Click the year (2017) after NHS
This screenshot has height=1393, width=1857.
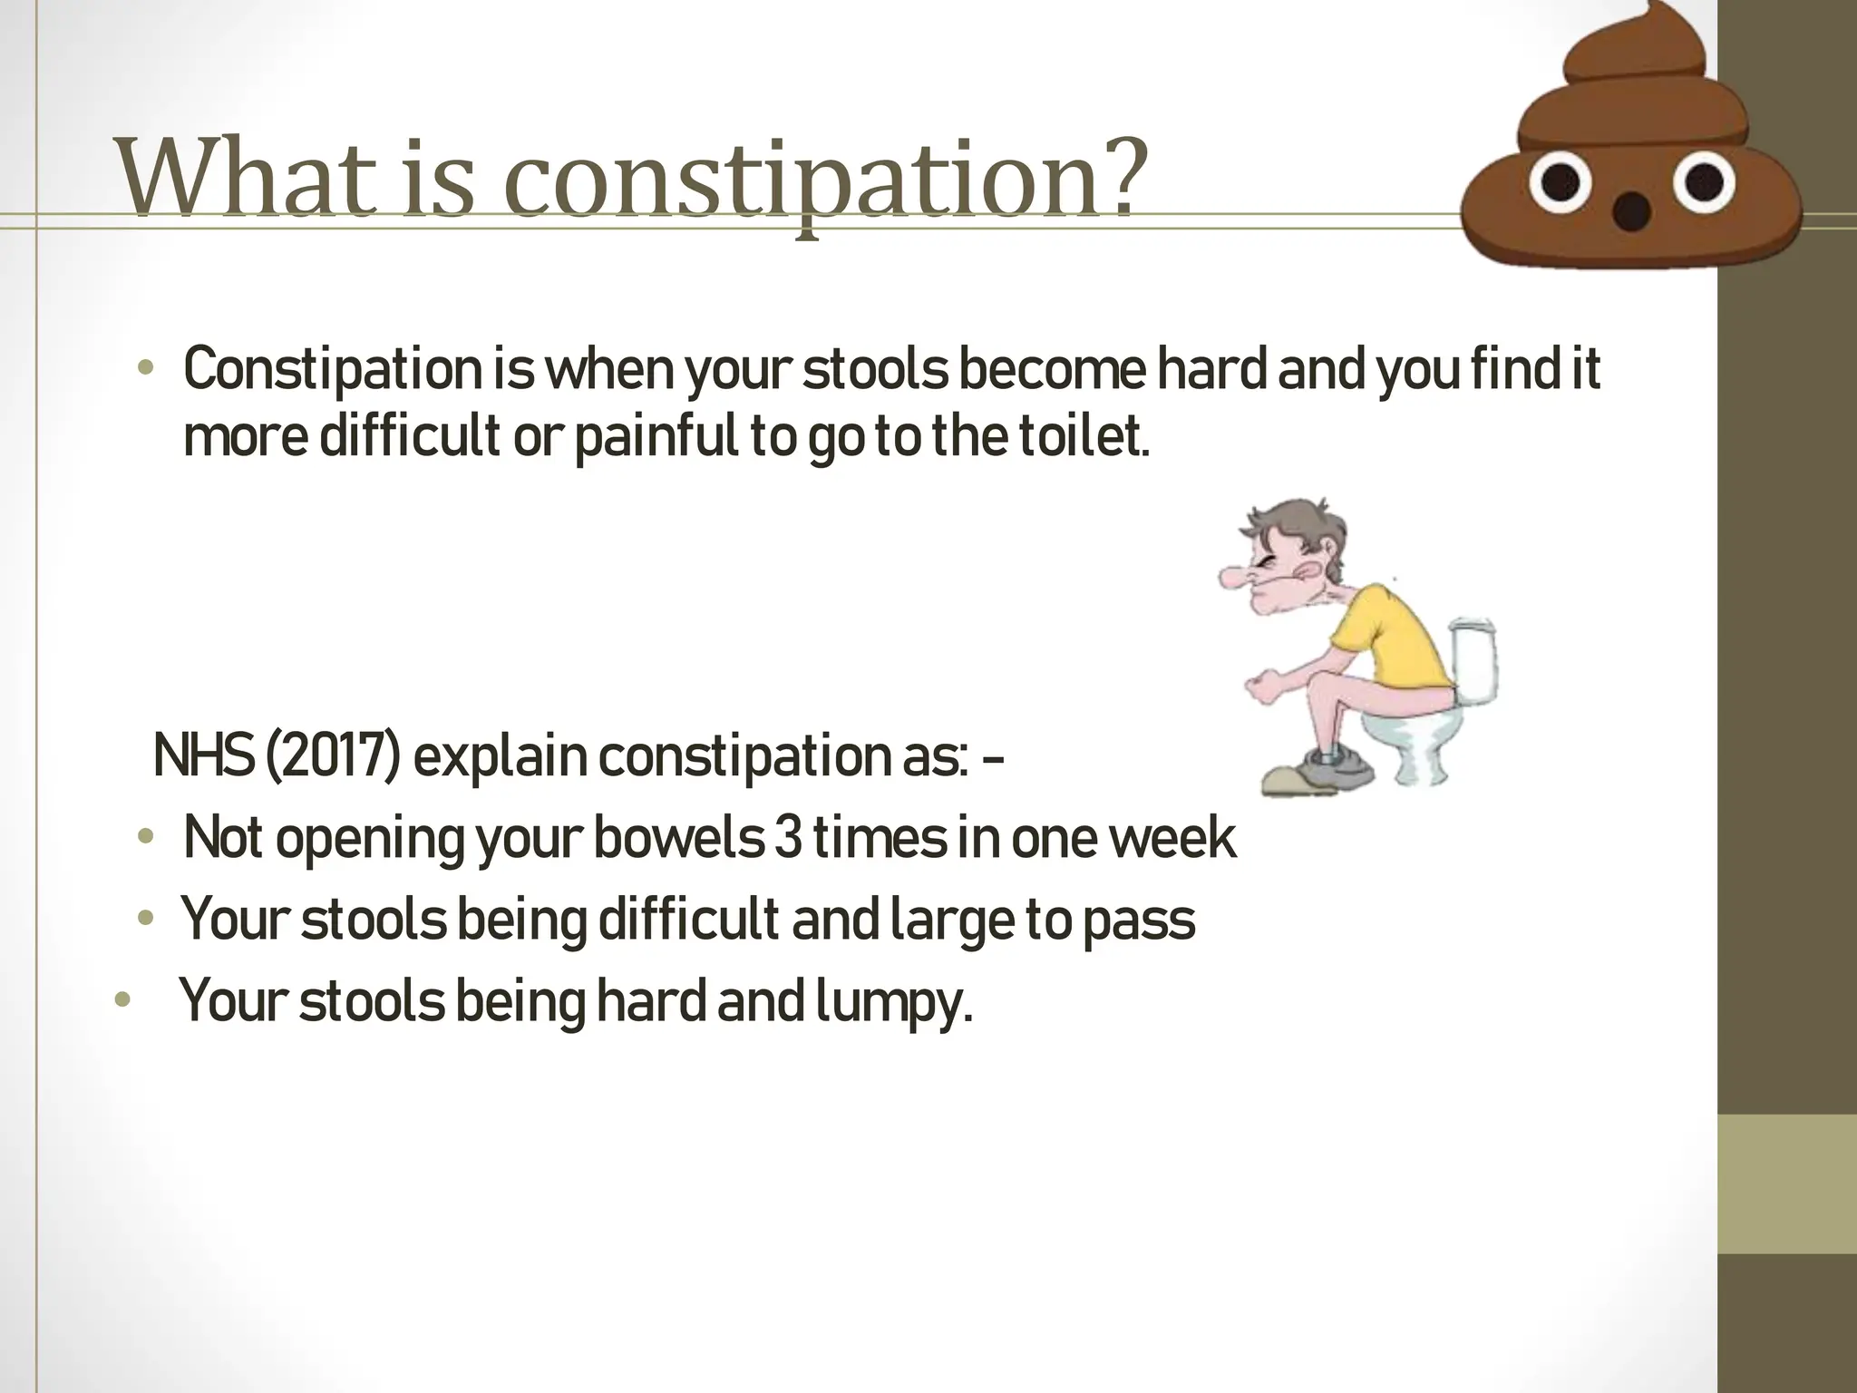tap(332, 755)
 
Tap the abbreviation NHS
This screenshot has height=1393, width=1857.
tap(204, 755)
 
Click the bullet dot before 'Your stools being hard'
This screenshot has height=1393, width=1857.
tap(122, 1002)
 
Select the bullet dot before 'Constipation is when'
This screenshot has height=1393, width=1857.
tap(144, 369)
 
